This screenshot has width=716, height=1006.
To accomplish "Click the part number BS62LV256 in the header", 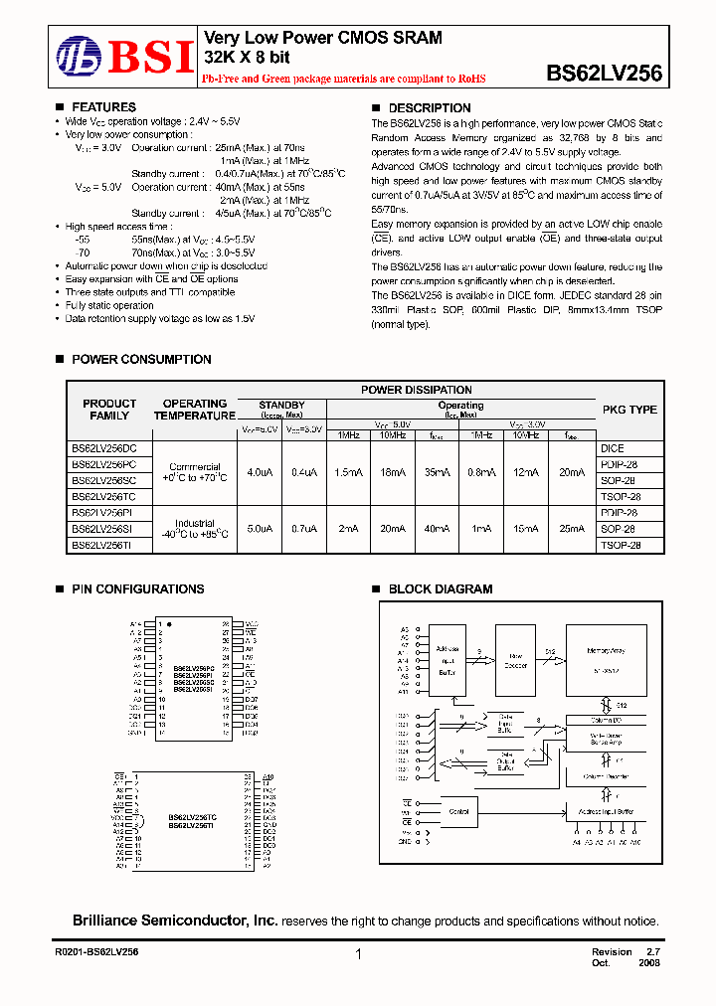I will point(605,73).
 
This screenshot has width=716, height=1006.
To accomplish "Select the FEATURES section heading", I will point(104,107).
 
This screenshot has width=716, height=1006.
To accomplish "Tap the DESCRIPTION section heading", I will point(429,108).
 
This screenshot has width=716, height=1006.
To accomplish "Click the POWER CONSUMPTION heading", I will point(141,360).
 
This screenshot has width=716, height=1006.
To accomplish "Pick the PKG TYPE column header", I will point(629,410).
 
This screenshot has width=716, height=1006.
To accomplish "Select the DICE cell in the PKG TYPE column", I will point(613,449).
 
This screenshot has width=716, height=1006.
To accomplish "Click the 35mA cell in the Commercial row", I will point(439,473).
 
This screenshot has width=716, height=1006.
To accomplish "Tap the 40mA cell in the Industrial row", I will point(439,529).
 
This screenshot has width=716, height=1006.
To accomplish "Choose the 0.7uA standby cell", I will point(304,529).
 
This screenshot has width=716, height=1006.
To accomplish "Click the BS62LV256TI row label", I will point(108,545).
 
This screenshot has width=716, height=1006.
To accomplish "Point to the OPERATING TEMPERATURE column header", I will point(195,410).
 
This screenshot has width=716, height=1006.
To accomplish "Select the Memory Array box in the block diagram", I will point(604,657).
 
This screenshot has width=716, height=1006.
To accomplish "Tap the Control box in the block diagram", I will point(458,811).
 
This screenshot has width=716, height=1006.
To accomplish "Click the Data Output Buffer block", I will point(507,760).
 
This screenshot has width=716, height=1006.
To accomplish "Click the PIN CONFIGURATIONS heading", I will point(137,589).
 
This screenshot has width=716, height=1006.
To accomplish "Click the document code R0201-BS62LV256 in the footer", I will point(96,952).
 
